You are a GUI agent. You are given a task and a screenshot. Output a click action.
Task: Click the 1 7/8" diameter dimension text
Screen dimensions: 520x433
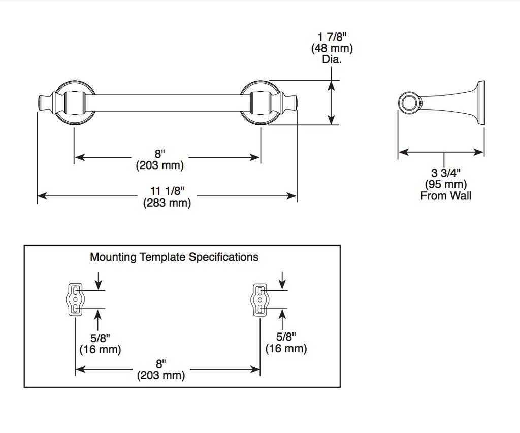332,37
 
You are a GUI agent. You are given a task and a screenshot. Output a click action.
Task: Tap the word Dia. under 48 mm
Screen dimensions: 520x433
332,59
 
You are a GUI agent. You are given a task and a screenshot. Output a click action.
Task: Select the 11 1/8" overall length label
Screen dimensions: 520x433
167,191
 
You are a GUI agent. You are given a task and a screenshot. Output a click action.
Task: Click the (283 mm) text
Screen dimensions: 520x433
167,202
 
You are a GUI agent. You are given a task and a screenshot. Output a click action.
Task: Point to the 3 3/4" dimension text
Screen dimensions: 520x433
446,173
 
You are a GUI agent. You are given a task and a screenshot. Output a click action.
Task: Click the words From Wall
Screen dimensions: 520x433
446,195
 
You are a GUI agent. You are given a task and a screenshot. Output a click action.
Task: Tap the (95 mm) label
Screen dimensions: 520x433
446,184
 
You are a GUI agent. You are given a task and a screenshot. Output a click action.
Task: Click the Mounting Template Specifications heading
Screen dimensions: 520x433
174,257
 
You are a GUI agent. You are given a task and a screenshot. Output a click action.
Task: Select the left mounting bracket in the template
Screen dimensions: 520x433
75,299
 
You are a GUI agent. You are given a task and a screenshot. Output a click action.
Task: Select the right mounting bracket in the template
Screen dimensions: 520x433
259,299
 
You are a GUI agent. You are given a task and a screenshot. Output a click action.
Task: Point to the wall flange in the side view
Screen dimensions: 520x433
480,103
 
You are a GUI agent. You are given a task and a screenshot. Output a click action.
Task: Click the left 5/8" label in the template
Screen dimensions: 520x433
100,338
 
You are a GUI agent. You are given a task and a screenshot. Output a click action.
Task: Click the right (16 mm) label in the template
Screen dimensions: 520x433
286,348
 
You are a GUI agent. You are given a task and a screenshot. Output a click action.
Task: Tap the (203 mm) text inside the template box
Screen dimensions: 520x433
161,375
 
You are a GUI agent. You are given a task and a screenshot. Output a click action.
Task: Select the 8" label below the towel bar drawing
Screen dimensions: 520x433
160,154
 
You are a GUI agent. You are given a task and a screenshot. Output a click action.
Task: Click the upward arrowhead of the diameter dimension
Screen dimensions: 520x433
331,86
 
